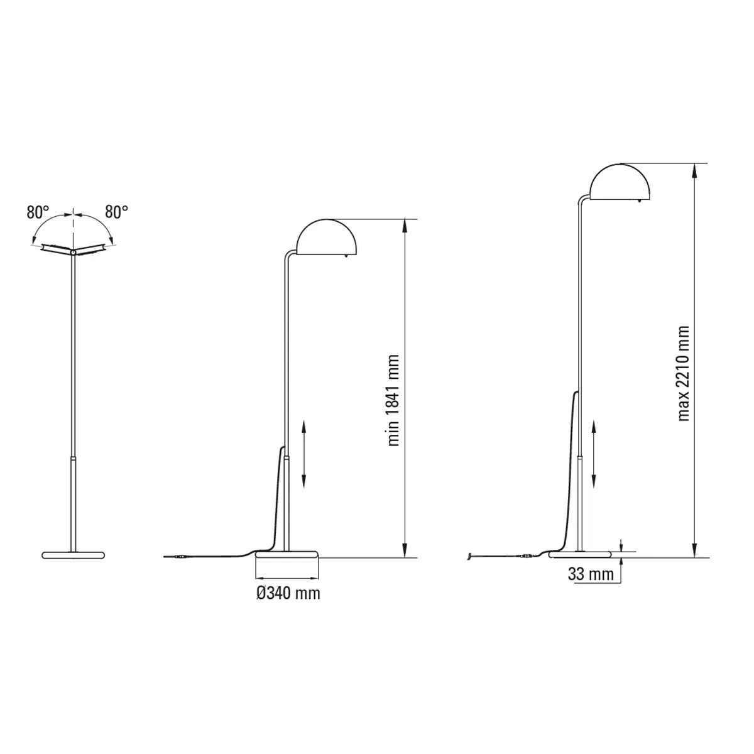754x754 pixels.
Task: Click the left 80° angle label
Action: pyautogui.click(x=37, y=212)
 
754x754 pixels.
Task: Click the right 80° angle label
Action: pyautogui.click(x=116, y=212)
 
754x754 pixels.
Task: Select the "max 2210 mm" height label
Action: pyautogui.click(x=684, y=373)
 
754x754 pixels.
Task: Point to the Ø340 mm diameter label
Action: pyautogui.click(x=288, y=593)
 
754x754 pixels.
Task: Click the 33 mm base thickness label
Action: pyautogui.click(x=590, y=574)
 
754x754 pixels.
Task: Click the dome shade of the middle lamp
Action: pyautogui.click(x=328, y=238)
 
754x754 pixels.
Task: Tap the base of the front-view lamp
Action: pyautogui.click(x=74, y=555)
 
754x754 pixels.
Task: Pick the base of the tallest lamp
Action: pyautogui.click(x=581, y=554)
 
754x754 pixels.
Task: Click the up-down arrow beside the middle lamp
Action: pyautogui.click(x=304, y=454)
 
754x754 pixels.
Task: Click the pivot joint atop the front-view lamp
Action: pyautogui.click(x=74, y=252)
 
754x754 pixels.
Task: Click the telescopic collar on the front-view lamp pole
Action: pyautogui.click(x=74, y=460)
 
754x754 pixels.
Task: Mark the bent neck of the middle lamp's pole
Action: pyautogui.click(x=288, y=255)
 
